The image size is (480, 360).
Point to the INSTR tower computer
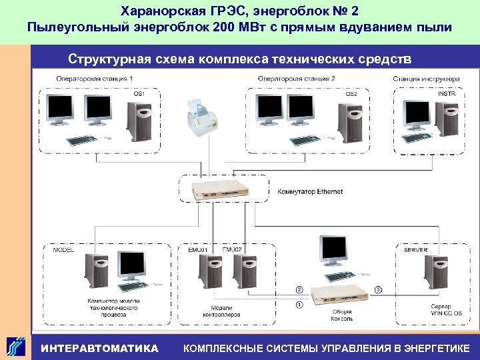[446, 119]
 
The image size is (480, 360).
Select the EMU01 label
[197, 250]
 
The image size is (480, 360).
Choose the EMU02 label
[231, 250]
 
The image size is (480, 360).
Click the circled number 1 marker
[299, 305]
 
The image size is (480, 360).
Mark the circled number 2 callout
[299, 290]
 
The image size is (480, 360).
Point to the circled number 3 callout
[378, 290]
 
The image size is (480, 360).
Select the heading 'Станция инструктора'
[426, 79]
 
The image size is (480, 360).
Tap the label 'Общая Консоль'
[342, 315]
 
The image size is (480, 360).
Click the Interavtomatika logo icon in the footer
[17, 346]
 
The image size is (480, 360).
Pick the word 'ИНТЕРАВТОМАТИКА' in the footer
[99, 348]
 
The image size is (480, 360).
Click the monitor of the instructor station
[417, 115]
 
